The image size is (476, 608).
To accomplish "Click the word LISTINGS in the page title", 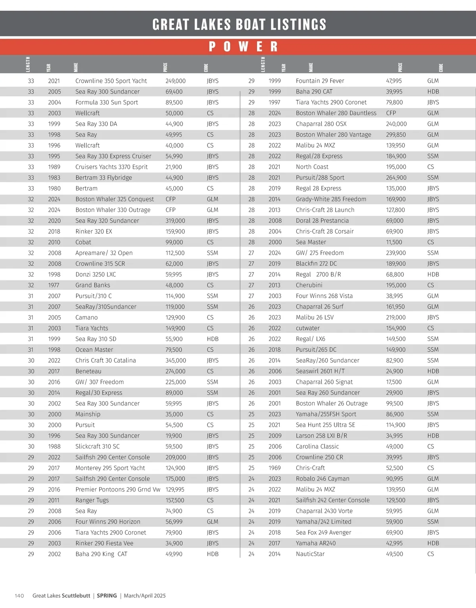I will click(298, 25).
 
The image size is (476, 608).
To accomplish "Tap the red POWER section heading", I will click(243, 47).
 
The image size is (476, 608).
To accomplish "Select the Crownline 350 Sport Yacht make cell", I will click(111, 81).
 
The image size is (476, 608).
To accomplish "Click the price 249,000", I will click(175, 81).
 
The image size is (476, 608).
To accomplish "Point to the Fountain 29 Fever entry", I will click(320, 81).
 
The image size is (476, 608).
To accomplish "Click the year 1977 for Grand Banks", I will click(54, 285).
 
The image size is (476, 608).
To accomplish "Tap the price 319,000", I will click(175, 221).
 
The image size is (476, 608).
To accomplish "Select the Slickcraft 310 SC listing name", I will click(97, 446).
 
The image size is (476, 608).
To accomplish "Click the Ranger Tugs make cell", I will click(92, 500).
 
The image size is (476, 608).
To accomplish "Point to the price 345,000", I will click(176, 360).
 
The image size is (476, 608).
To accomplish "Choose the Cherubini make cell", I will click(309, 285).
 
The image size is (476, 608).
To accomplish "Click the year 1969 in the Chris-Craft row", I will click(275, 468).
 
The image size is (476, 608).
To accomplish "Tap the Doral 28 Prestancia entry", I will click(322, 221).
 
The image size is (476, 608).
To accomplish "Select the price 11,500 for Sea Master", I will click(394, 242).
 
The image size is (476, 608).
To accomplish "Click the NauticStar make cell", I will click(310, 554).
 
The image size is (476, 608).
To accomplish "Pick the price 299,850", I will click(396, 135).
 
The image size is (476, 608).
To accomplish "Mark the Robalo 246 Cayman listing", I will click(322, 478).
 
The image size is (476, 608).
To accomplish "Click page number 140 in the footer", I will click(19, 596).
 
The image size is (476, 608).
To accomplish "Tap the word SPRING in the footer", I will click(107, 596).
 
